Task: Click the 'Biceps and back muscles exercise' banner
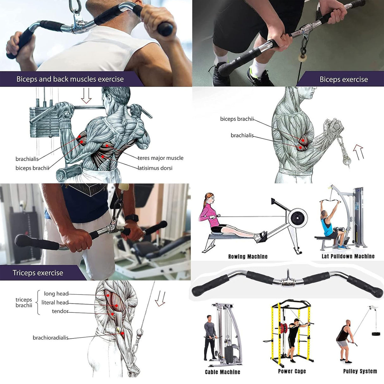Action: click(70, 79)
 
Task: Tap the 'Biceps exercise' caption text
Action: click(344, 79)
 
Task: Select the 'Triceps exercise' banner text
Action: click(38, 273)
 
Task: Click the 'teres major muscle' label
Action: click(160, 158)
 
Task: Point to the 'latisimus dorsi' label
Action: click(155, 168)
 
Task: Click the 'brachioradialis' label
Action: click(50, 338)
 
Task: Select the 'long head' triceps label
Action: click(56, 294)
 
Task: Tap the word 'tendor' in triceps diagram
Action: click(60, 311)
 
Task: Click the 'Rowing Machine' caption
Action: click(248, 257)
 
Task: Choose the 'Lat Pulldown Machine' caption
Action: click(348, 256)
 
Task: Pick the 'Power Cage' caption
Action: click(292, 371)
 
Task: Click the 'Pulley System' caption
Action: click(360, 371)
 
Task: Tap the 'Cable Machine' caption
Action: click(222, 372)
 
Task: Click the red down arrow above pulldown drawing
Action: click(86, 96)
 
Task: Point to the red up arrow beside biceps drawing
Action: click(358, 152)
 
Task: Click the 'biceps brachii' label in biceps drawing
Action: click(237, 119)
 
